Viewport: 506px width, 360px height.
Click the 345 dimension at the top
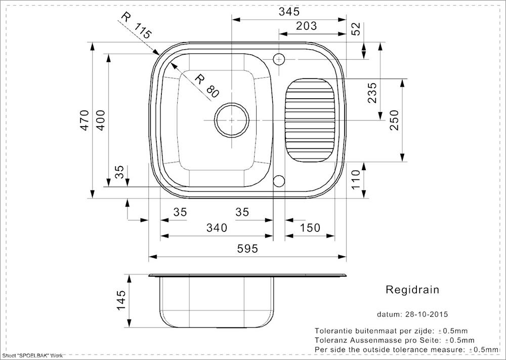click(x=289, y=12)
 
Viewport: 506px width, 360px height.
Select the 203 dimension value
click(x=306, y=26)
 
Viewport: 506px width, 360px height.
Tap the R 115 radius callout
click(x=136, y=25)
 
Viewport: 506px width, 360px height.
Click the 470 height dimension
click(x=85, y=120)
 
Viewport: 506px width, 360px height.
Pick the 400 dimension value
click(x=101, y=120)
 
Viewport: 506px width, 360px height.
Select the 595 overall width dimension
click(x=247, y=249)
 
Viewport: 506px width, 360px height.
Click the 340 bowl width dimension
click(x=217, y=228)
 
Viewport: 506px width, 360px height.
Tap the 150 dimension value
click(x=310, y=228)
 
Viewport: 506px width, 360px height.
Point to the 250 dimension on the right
click(x=394, y=120)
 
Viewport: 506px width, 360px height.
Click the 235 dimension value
click(x=372, y=93)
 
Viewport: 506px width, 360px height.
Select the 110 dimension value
click(x=355, y=180)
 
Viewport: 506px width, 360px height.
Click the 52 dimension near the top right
click(x=355, y=29)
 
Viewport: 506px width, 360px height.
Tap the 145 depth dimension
click(x=121, y=300)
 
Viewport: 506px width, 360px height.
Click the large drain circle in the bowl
click(x=232, y=120)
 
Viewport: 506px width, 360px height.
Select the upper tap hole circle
click(x=279, y=59)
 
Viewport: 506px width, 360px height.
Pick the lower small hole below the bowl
click(x=279, y=181)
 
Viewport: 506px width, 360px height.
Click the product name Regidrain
click(x=412, y=290)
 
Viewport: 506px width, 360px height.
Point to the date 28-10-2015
click(x=426, y=314)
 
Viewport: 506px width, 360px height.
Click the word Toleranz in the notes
click(x=329, y=340)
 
